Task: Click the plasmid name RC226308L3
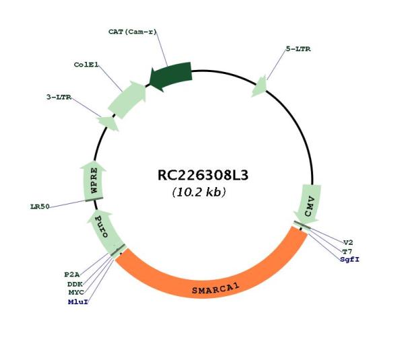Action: [203, 176]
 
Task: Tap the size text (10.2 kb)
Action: [199, 192]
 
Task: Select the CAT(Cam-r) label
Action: [133, 32]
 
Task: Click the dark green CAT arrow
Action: [171, 76]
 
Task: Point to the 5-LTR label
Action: [298, 48]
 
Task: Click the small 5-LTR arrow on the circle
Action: [259, 87]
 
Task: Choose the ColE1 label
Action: [86, 65]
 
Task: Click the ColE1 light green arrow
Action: [127, 100]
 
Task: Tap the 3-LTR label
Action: [59, 97]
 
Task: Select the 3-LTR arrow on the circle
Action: [108, 123]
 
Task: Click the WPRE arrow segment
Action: [94, 180]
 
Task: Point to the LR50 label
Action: [40, 207]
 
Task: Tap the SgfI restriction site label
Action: [349, 259]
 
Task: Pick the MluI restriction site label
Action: [78, 302]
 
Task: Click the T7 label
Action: [347, 251]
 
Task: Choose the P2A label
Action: [72, 275]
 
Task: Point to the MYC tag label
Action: [76, 293]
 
